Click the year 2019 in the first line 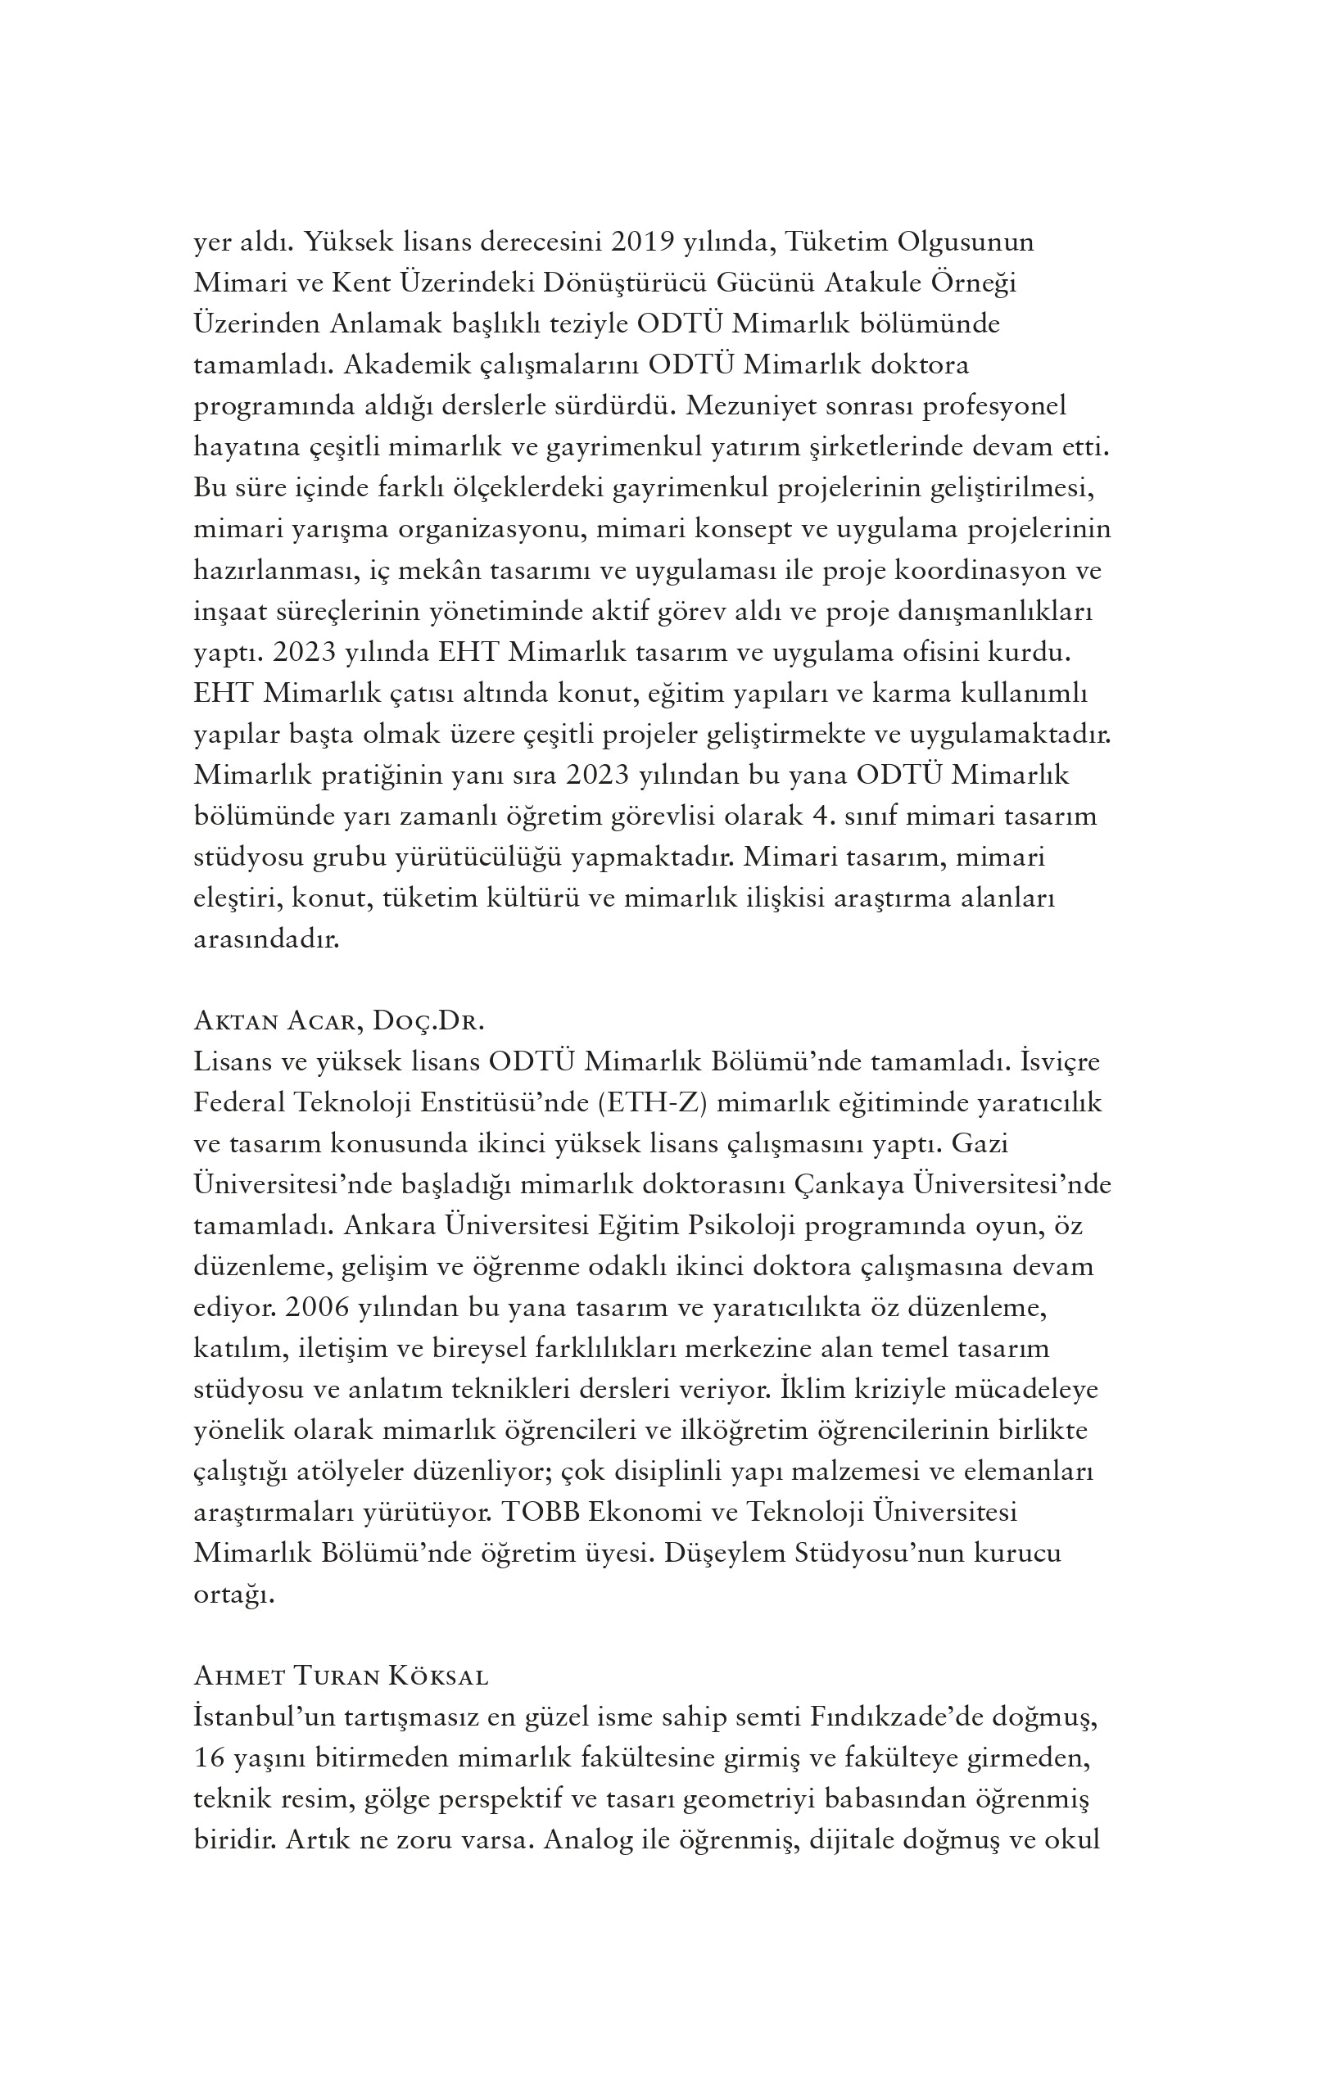pos(643,242)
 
